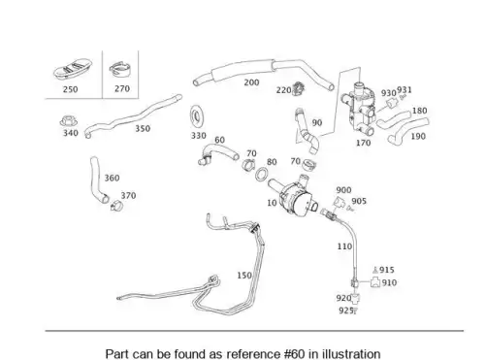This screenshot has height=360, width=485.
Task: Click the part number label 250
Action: point(70,89)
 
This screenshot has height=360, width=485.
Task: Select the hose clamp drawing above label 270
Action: point(119,70)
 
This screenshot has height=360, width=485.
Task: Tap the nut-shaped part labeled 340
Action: point(69,121)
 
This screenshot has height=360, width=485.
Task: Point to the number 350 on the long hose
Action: point(143,128)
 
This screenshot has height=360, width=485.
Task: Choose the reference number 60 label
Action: point(219,140)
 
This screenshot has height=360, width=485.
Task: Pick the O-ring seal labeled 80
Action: point(261,175)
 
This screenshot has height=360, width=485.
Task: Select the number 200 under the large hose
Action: point(251,82)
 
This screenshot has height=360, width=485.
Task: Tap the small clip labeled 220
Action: point(299,89)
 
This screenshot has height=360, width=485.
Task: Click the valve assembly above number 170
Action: point(358,109)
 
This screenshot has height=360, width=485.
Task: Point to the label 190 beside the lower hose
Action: point(418,136)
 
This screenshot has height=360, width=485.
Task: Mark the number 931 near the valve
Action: point(404,89)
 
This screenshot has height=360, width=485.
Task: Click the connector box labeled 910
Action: point(375,282)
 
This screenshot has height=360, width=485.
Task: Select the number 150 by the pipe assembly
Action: point(244,276)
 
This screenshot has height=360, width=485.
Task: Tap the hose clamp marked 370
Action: point(116,205)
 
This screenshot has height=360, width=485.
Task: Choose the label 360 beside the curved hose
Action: point(112,178)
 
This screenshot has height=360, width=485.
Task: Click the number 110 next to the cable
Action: point(344,246)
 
